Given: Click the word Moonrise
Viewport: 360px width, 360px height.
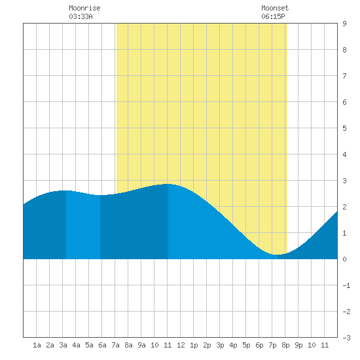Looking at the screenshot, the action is (x=84, y=8).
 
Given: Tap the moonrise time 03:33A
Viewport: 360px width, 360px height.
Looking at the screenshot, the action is (x=81, y=16).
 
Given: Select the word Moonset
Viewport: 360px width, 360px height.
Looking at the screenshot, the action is (x=275, y=8).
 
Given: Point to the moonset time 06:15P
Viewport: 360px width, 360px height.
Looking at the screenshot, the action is (x=273, y=16).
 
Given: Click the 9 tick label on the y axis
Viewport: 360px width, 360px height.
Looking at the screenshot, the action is (x=344, y=24).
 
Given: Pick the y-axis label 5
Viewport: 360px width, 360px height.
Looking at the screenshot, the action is (x=344, y=128).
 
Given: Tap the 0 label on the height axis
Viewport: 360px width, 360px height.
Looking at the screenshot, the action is (x=344, y=259).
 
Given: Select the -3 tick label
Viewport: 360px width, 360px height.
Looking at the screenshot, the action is (x=346, y=338).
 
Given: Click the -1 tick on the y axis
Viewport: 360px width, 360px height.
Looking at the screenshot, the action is (x=346, y=285).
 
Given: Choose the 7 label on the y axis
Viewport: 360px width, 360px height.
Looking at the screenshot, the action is (x=344, y=76).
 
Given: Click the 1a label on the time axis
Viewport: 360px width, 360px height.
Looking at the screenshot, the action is (x=37, y=345).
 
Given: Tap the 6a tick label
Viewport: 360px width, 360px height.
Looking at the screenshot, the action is (x=102, y=345).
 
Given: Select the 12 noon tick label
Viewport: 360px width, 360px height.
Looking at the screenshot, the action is (x=181, y=345).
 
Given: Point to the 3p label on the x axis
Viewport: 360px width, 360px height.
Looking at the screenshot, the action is (x=220, y=345).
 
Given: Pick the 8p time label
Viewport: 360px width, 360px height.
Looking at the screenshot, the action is (x=285, y=345).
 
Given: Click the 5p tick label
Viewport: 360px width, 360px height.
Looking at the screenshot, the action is (x=246, y=345).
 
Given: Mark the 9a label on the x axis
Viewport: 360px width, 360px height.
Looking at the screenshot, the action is (x=141, y=345).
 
